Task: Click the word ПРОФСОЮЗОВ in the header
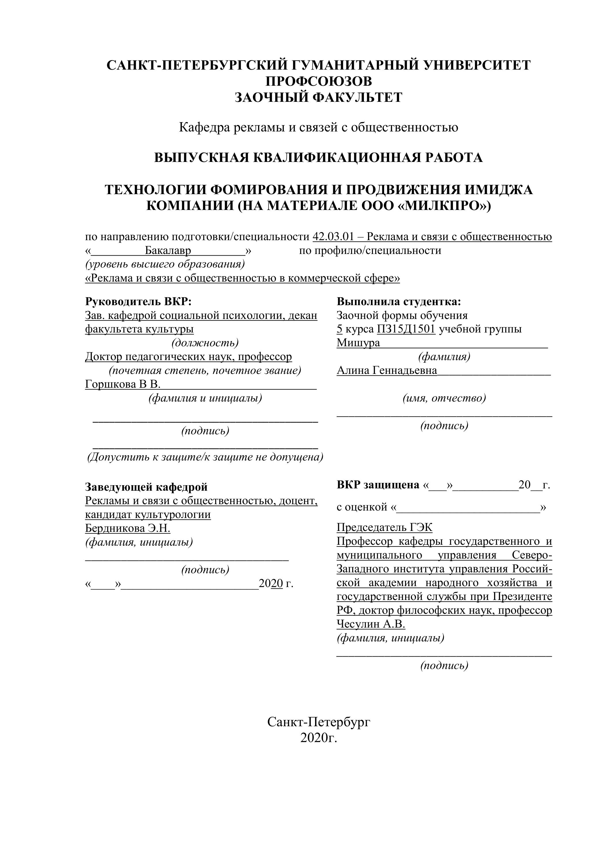coord(319,81)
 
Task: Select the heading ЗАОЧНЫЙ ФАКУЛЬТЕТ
coord(319,98)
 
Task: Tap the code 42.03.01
coord(333,237)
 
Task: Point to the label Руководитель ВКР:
coord(138,301)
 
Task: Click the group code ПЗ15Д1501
coord(406,329)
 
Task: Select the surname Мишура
coord(358,343)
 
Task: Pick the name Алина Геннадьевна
coord(386,370)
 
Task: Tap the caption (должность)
coord(205,343)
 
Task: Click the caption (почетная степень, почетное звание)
coord(205,370)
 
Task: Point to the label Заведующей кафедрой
coord(146,487)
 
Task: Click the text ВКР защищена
coord(378,485)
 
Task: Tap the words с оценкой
coord(362,507)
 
